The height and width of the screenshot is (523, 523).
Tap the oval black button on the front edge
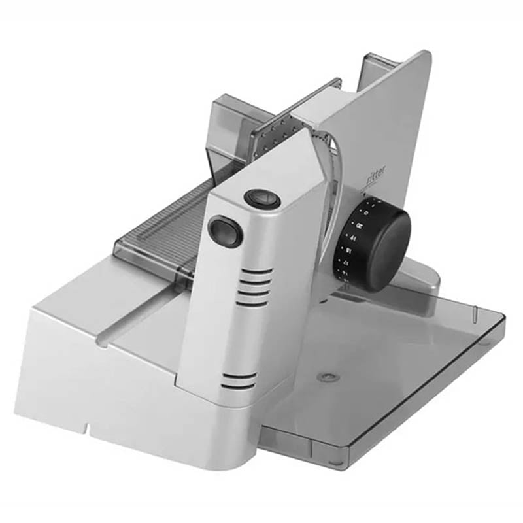tap(226, 231)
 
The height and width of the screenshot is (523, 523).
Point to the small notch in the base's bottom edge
tap(86, 430)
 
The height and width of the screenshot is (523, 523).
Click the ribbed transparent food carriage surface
tap(163, 222)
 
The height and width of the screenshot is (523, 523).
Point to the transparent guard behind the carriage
tap(232, 127)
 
